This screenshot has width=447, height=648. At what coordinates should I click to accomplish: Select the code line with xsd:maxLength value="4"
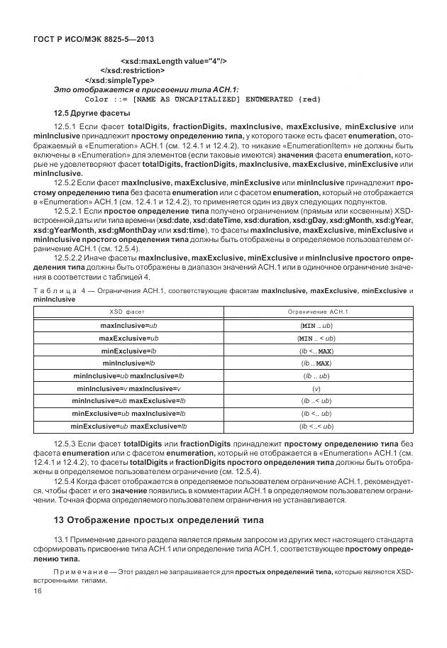[x=173, y=61]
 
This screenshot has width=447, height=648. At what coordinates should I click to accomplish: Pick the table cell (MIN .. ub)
[x=316, y=325]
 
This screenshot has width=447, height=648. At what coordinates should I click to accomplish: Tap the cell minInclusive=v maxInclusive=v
[x=128, y=389]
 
